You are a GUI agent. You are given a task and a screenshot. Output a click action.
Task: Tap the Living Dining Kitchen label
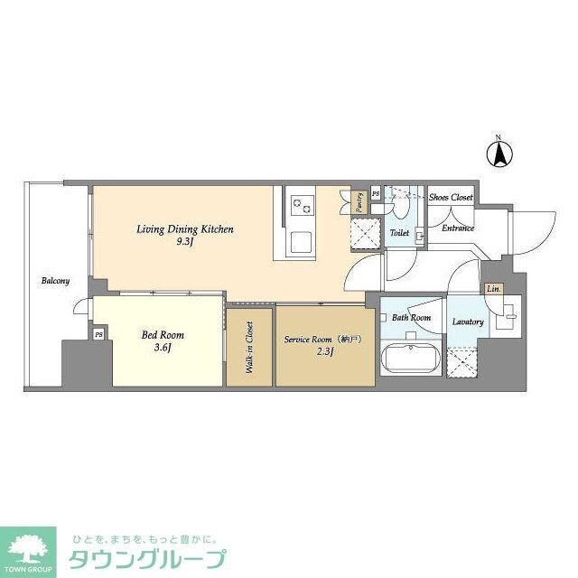pos(185,229)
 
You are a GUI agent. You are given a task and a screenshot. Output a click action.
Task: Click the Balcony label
pos(55,281)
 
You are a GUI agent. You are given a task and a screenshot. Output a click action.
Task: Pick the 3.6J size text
pos(159,349)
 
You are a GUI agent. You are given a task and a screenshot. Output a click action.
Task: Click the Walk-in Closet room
pos(249,349)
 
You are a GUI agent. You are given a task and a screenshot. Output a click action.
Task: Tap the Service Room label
pos(323,340)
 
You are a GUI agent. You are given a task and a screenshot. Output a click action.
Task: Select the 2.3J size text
pos(324,353)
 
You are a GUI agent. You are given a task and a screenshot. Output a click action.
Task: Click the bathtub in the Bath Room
pos(411,361)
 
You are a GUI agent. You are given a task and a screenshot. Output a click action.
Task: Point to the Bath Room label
pos(411,318)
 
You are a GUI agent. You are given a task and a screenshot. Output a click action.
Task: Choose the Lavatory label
pos(468,322)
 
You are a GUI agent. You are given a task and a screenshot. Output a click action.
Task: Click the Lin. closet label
pos(493,289)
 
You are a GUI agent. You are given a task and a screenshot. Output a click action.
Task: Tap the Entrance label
pos(458,228)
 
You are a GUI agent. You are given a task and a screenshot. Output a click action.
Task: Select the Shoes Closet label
pos(450,197)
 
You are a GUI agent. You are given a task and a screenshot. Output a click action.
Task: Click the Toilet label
pos(399,233)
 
